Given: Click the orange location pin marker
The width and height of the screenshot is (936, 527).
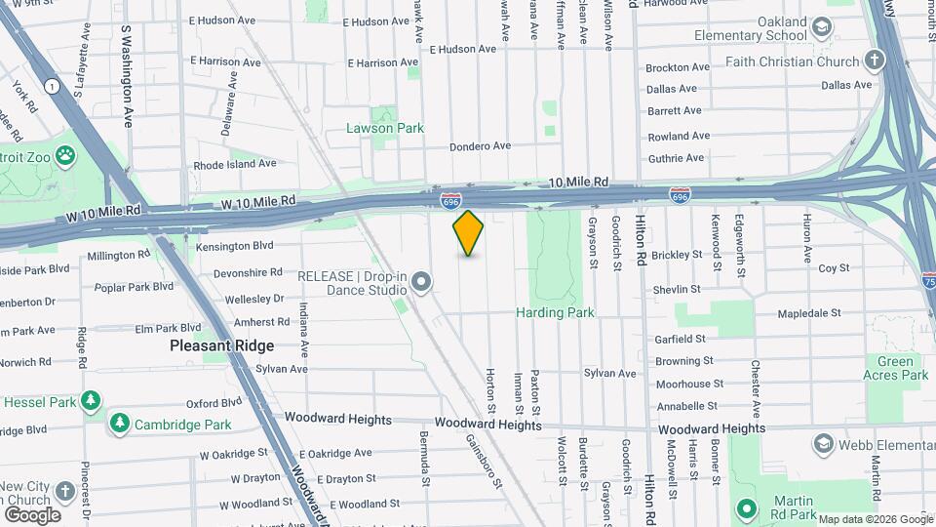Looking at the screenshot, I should click(x=468, y=233).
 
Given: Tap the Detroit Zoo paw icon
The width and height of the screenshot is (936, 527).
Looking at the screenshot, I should click(x=65, y=154).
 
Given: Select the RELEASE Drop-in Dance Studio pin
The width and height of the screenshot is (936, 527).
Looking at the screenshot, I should click(x=421, y=283).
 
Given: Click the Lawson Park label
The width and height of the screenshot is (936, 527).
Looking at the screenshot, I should click(x=385, y=128).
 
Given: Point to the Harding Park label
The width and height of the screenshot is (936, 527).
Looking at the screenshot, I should click(x=555, y=312).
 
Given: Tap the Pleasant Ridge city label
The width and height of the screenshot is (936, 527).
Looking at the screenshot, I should click(x=221, y=345).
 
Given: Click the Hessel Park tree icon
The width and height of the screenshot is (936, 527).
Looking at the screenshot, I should click(x=91, y=401).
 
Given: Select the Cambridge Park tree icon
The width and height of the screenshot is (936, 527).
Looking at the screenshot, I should click(x=119, y=424).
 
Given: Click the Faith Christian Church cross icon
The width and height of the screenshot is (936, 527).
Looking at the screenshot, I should click(x=875, y=61).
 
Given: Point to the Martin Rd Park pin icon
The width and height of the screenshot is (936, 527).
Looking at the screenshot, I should click(x=747, y=507).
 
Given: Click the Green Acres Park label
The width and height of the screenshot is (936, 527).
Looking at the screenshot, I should click(x=896, y=367).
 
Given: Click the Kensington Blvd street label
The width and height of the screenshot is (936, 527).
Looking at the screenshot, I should click(x=235, y=246).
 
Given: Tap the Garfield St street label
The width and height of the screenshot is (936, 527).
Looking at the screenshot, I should click(x=680, y=339).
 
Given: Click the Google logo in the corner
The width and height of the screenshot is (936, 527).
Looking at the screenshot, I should click(x=32, y=515).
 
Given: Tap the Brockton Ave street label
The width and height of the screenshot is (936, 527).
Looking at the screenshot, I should click(x=680, y=68).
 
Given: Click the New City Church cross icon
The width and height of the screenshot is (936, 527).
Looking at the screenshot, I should click(x=65, y=490).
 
